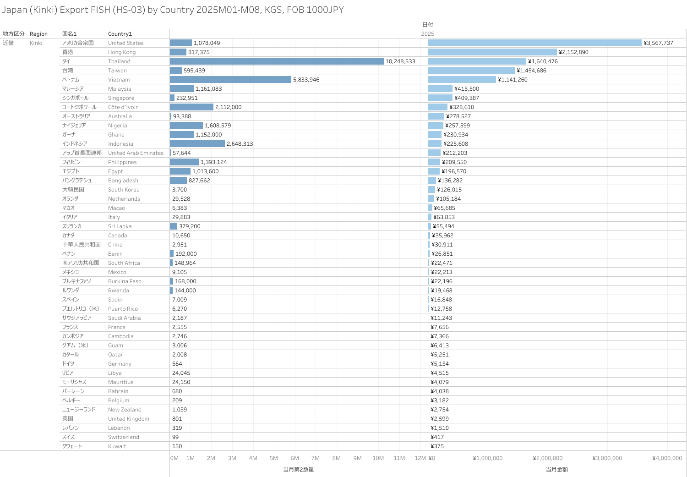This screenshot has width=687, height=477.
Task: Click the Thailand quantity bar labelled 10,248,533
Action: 277,61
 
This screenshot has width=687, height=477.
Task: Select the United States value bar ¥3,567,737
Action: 534,43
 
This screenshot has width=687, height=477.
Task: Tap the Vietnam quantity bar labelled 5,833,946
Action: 230,79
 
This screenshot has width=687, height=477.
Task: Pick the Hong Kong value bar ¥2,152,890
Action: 492,52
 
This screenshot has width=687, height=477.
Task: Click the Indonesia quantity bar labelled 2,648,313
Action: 197,143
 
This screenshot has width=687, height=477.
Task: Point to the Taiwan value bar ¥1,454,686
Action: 471,70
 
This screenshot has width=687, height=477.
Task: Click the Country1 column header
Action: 120,34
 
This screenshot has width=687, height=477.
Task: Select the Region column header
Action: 38,34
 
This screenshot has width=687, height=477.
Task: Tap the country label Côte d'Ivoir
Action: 123,107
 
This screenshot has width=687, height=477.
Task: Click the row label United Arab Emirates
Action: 136,153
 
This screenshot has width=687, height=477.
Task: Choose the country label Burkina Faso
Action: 125,281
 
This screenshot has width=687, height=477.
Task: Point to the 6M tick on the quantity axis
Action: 294,458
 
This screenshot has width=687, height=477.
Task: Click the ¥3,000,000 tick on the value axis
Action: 607,458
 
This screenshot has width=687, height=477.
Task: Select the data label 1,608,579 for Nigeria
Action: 218,126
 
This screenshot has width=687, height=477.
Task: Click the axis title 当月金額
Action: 556,469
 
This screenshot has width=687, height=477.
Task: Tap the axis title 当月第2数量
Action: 298,469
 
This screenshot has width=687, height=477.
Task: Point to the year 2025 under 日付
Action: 427,34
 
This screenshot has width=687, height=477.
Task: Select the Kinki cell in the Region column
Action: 36,43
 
